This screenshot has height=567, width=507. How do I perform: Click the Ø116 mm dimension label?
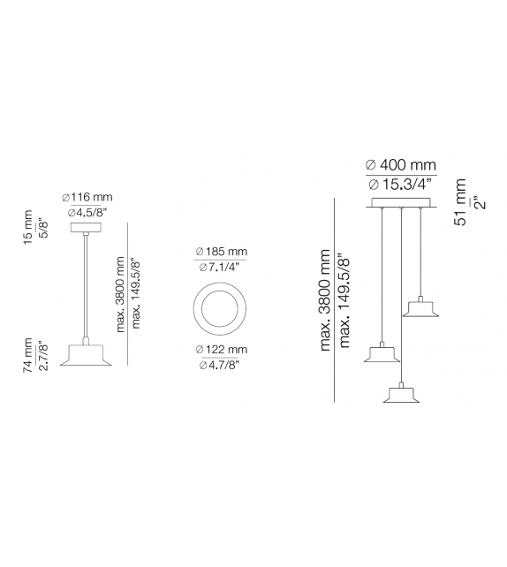click(87, 198)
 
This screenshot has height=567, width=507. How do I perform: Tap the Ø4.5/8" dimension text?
click(87, 213)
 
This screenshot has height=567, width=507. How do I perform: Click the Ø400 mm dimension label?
click(400, 165)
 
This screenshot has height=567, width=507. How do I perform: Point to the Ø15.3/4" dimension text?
click(400, 185)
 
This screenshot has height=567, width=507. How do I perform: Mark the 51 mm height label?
click(461, 201)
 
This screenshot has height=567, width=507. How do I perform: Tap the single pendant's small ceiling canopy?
click(87, 228)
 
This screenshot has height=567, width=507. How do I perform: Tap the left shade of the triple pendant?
click(382, 355)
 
